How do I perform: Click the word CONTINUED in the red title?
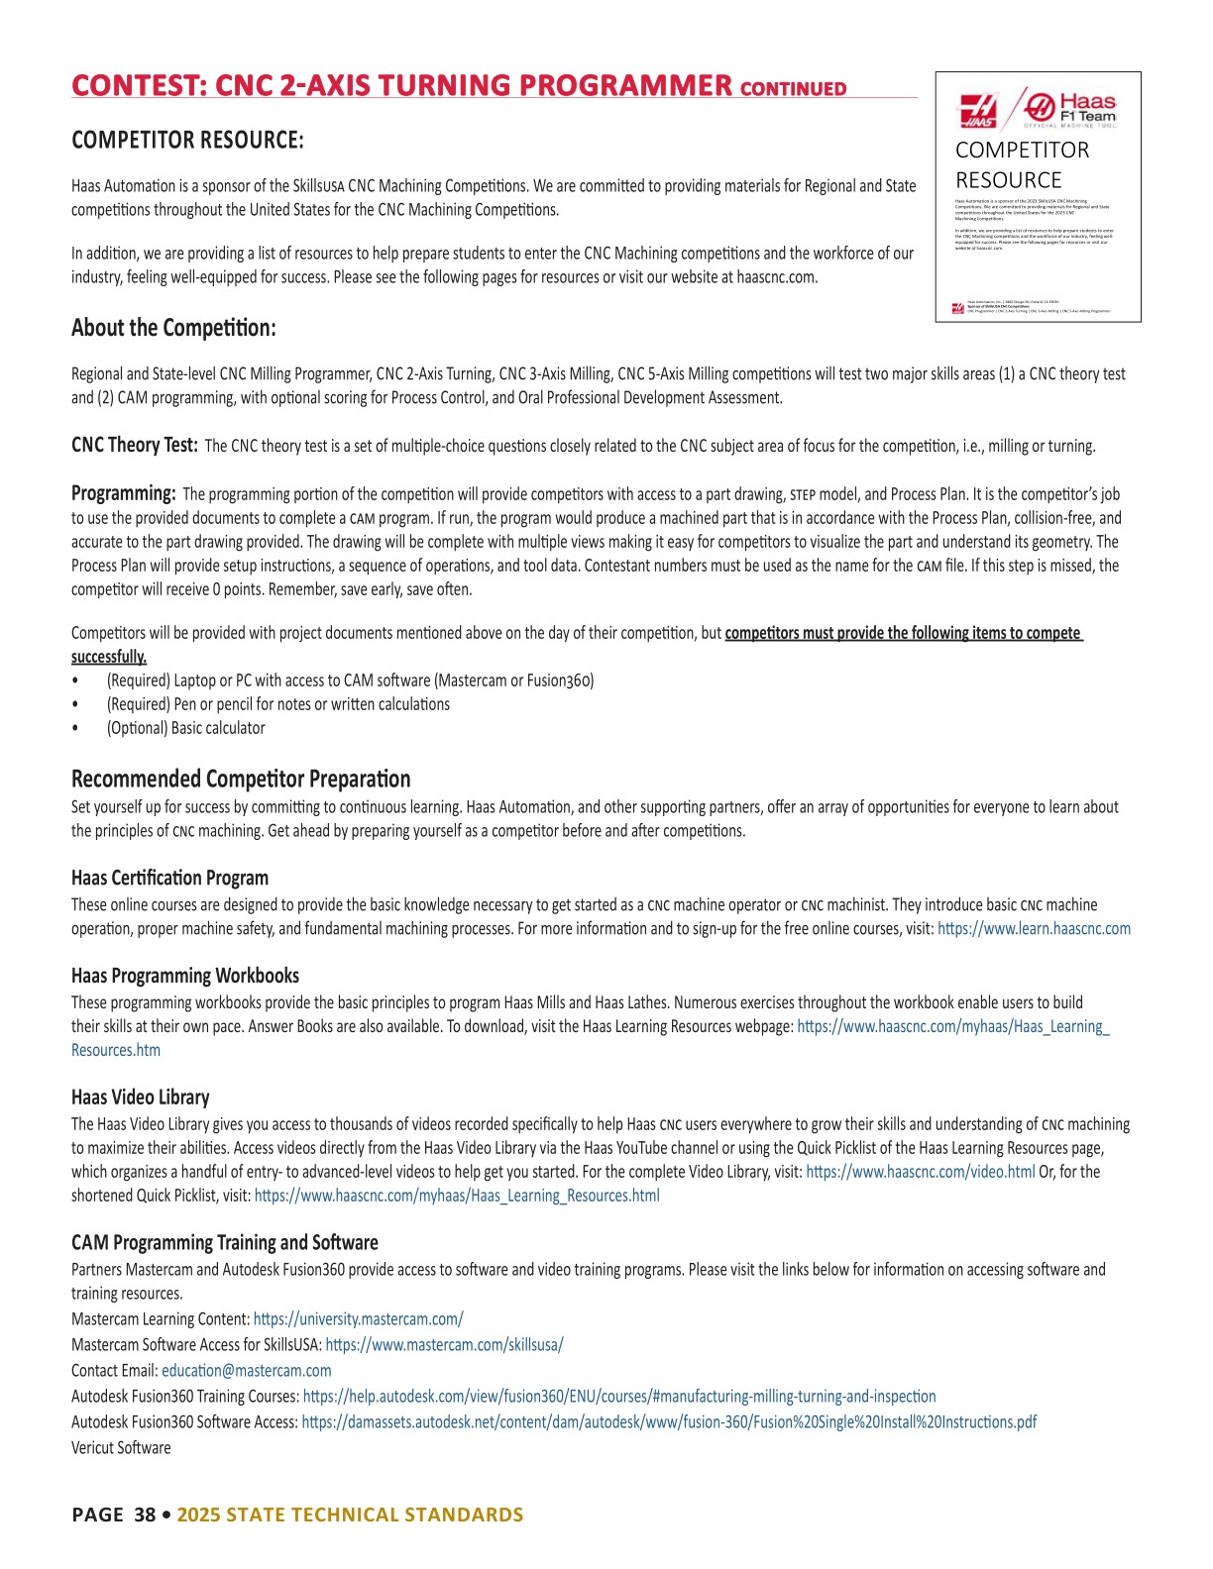793,88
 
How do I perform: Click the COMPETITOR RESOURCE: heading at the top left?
187,140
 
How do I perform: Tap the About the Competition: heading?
173,328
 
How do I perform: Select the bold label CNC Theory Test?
135,445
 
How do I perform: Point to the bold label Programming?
124,493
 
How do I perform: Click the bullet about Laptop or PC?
350,680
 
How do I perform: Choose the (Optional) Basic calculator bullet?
185,728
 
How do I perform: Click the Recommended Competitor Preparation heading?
241,779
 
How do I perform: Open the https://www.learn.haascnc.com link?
1034,929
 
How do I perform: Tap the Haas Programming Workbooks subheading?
185,976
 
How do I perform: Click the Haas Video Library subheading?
141,1098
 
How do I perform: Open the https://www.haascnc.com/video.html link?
920,1172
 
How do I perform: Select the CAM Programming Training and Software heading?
225,1243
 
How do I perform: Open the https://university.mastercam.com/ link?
358,1319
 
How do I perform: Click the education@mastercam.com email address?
247,1371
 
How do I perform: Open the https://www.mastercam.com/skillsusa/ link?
444,1345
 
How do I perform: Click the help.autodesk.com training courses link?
618,1397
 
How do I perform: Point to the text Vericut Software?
121,1448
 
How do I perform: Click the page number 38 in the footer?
145,1515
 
